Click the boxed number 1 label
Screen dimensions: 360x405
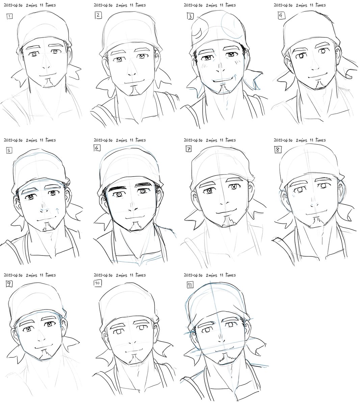pyautogui.click(x=9, y=16)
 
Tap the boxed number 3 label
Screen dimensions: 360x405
pyautogui.click(x=190, y=16)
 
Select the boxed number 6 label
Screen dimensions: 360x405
pyautogui.click(x=97, y=148)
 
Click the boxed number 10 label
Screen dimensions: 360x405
pyautogui.click(x=97, y=283)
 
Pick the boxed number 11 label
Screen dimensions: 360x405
pyautogui.click(x=190, y=285)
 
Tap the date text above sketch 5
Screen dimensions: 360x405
pyautogui.click(x=13, y=140)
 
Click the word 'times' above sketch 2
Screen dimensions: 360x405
pyautogui.click(x=140, y=5)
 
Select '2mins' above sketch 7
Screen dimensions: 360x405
pyautogui.click(x=212, y=140)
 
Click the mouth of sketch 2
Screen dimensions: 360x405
pyautogui.click(x=134, y=82)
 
